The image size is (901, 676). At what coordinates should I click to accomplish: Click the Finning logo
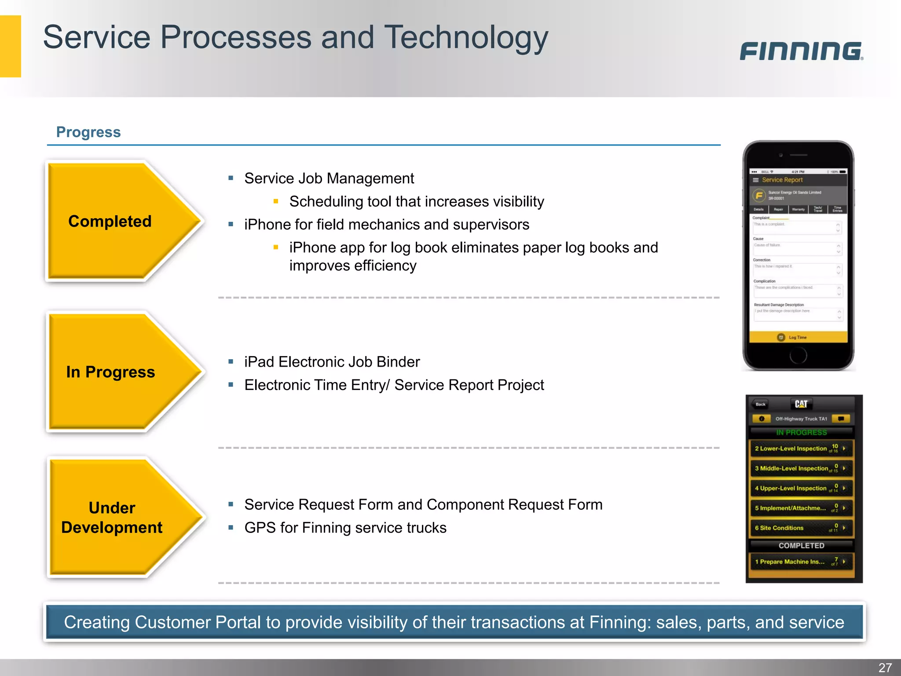[801, 51]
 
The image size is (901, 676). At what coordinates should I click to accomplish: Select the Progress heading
[88, 132]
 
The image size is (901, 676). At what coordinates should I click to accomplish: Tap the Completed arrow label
[110, 221]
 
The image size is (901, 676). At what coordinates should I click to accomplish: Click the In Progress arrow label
[110, 372]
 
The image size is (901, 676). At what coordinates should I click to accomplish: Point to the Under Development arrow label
[112, 518]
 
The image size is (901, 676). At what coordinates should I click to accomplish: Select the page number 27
[885, 667]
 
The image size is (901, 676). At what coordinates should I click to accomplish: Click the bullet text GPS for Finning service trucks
[345, 528]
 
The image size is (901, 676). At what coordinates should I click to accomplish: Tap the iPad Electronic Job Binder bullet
[332, 362]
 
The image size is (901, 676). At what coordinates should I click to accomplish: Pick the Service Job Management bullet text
[329, 178]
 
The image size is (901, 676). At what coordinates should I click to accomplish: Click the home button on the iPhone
[798, 355]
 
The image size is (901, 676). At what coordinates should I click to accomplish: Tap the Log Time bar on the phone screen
[798, 338]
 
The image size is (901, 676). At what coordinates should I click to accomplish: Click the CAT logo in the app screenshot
[801, 404]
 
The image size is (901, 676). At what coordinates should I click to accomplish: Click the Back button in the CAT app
[760, 404]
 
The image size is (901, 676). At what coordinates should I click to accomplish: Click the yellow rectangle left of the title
[10, 46]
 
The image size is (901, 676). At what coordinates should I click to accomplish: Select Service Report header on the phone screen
[782, 180]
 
